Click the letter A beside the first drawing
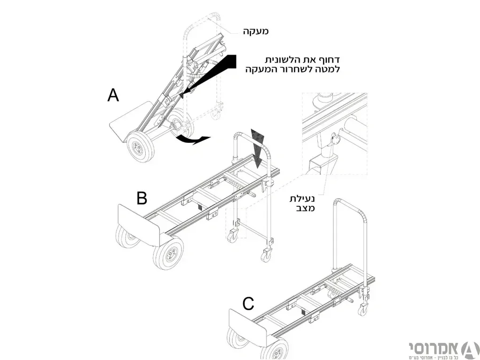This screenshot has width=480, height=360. tap(113, 95)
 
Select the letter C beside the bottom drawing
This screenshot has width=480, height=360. tap(248, 304)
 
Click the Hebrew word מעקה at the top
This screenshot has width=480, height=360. tap(256, 31)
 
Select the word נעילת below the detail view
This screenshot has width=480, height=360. tap(302, 199)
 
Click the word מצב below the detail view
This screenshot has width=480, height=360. tap(305, 209)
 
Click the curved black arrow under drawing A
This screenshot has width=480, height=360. tap(193, 140)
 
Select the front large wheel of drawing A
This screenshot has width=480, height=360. tap(140, 147)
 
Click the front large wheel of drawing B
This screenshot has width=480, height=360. tap(168, 253)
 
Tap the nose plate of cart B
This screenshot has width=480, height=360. tap(140, 226)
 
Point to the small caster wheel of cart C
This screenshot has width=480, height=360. tap(362, 310)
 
